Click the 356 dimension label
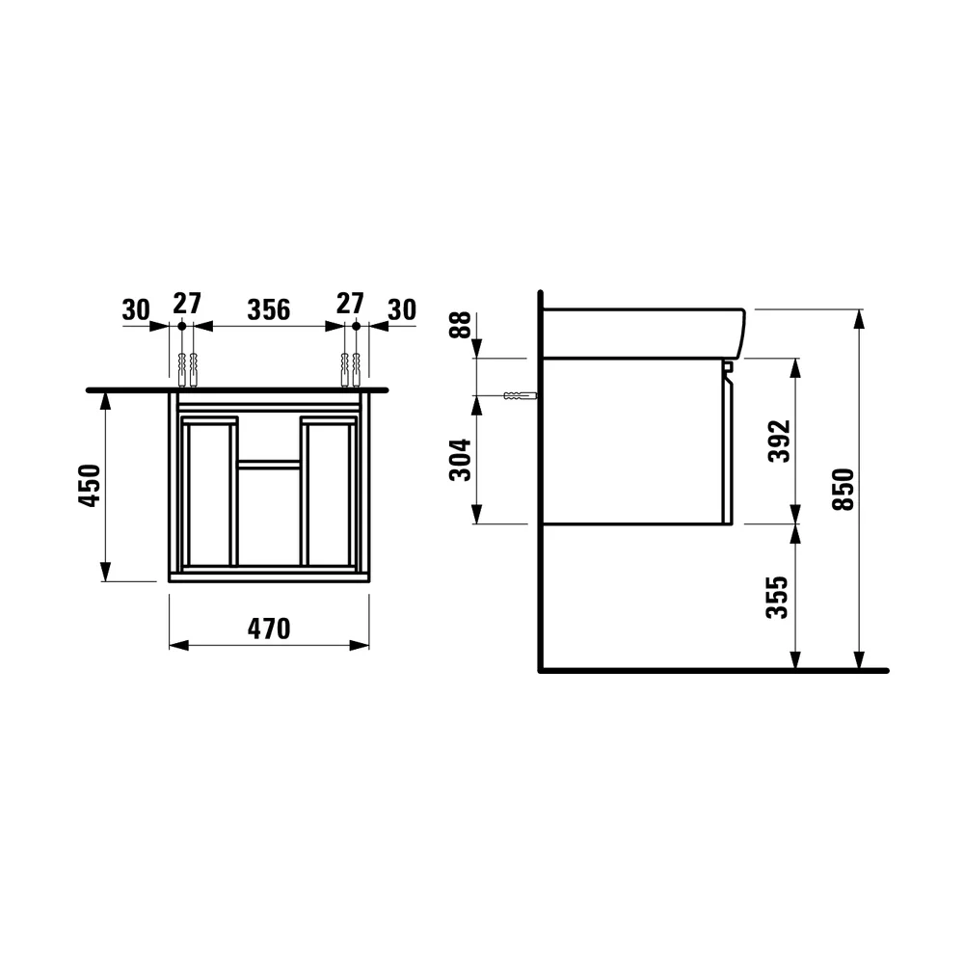click(269, 309)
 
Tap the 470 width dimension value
click(269, 629)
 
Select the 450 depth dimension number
click(90, 486)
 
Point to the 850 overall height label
click(843, 490)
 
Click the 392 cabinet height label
click(780, 441)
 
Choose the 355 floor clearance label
click(777, 597)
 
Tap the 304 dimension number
click(461, 460)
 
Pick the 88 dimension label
click(461, 325)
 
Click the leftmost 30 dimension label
click(136, 309)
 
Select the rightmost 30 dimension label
click(402, 309)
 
